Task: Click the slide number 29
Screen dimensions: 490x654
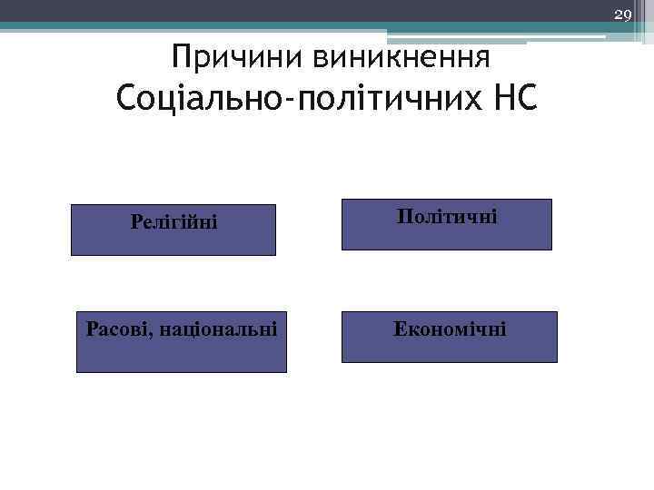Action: click(623, 15)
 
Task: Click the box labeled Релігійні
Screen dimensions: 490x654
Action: click(174, 230)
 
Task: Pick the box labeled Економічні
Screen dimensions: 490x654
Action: click(449, 338)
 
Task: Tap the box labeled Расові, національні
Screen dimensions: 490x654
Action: click(181, 342)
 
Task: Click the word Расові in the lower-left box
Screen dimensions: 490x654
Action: click(119, 327)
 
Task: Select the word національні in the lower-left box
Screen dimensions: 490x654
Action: click(220, 327)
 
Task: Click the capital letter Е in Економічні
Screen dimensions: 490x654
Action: click(399, 328)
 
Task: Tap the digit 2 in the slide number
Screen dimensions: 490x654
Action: click(619, 15)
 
